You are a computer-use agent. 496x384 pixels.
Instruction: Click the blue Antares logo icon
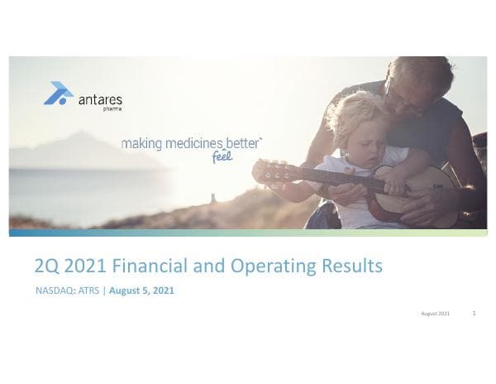[57, 93]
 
